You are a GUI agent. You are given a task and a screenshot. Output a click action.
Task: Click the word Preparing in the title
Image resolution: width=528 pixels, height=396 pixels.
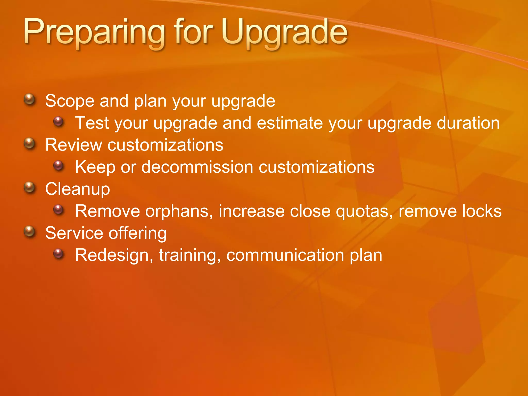tap(94, 33)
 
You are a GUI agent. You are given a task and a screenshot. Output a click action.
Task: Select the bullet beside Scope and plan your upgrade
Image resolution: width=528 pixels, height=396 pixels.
tap(30, 100)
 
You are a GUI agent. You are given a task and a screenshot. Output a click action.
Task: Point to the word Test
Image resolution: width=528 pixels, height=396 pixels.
tap(92, 123)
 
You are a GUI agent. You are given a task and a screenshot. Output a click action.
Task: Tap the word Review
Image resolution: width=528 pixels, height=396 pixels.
tap(73, 145)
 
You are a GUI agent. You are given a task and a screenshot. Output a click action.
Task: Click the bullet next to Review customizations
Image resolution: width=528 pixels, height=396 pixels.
tap(30, 144)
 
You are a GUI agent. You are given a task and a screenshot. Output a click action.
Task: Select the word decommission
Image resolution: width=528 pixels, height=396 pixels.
tap(197, 167)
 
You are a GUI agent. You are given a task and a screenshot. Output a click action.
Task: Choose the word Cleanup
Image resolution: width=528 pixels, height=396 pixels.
tap(78, 189)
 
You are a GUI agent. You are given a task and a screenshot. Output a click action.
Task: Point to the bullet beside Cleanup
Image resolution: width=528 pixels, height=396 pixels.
tap(30, 188)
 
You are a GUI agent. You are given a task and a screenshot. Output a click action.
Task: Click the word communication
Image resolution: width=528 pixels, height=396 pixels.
tap(285, 255)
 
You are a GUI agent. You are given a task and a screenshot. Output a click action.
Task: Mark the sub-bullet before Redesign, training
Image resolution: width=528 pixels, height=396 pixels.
tap(59, 254)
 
